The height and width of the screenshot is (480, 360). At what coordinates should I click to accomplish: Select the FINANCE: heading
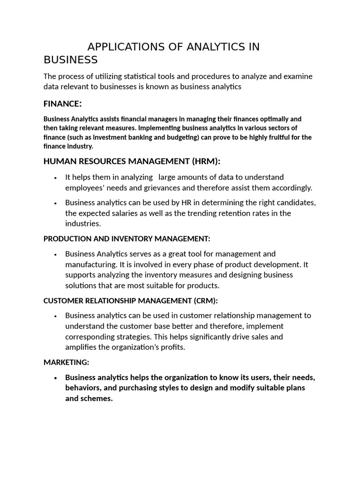coord(63,103)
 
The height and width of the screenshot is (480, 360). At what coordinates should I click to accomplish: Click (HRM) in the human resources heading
coord(205,161)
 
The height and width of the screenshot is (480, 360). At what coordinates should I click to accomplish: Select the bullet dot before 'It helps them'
coord(56,178)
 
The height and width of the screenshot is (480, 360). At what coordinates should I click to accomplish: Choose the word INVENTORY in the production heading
coord(126,239)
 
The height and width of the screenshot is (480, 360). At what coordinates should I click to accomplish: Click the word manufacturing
coord(89,264)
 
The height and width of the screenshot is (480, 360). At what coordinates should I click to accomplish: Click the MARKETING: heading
coord(66,362)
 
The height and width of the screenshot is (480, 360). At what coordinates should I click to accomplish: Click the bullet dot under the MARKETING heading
coord(56,378)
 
